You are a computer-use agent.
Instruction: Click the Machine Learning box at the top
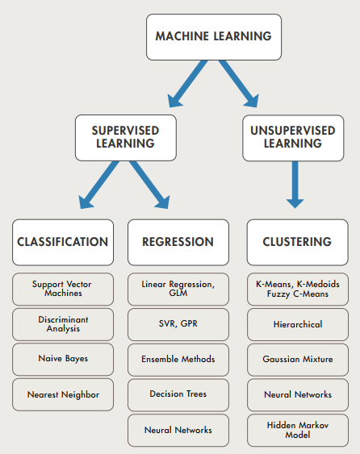(213, 37)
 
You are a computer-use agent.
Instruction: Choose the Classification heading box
(63, 241)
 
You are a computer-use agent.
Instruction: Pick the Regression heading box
(178, 241)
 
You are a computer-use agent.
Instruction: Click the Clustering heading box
(297, 241)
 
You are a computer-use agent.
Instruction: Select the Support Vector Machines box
(63, 289)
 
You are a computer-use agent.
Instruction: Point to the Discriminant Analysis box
(63, 324)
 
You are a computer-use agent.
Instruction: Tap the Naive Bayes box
(63, 359)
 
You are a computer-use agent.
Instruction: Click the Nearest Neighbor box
(63, 394)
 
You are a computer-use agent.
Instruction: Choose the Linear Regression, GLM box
(178, 289)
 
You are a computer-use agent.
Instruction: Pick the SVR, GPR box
(178, 324)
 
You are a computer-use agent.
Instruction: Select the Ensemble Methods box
(178, 359)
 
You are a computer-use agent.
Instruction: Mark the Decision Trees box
(178, 394)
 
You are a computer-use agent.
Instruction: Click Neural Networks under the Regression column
(178, 430)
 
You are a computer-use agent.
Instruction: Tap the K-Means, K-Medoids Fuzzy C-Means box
(297, 289)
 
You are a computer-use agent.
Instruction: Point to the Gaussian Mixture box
(297, 359)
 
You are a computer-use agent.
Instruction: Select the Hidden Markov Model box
(297, 430)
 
